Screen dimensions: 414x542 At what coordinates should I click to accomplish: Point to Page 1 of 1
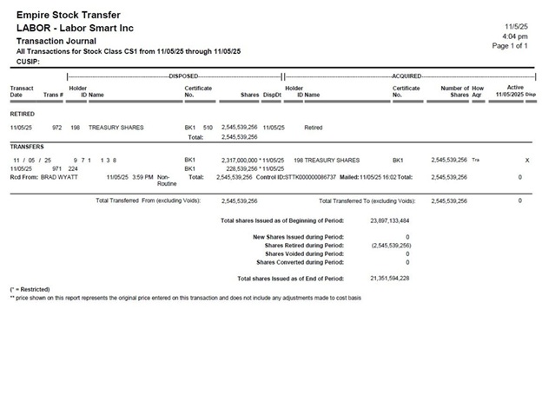pos(510,45)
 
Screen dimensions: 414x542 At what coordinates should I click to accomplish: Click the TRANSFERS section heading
pos(28,147)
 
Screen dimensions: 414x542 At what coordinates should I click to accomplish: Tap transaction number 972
pos(57,128)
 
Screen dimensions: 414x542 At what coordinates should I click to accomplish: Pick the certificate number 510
pos(208,128)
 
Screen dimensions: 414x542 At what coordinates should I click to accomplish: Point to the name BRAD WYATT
pos(59,177)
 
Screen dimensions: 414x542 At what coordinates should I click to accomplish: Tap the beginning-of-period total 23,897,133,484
pos(389,221)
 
